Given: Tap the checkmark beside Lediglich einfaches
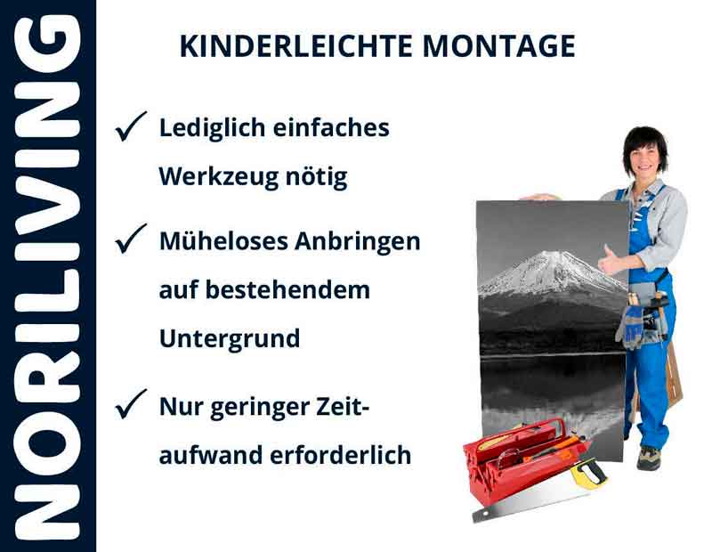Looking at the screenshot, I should tap(131, 128).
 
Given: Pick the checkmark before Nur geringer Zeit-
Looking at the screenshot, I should tap(131, 406).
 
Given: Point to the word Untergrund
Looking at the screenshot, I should tap(229, 339).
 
